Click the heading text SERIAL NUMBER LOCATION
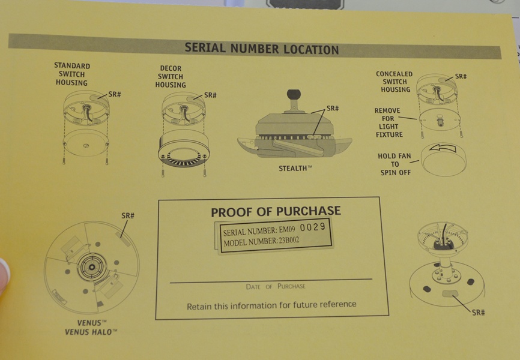point(262,49)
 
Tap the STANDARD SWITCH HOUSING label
point(72,74)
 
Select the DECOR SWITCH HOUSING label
point(171,77)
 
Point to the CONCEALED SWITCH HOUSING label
point(395,82)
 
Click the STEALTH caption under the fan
point(295,169)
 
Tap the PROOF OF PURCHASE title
point(276,211)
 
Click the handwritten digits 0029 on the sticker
point(312,227)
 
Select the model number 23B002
point(289,240)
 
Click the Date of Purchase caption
point(276,286)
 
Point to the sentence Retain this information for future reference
point(271,305)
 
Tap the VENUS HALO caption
point(91,332)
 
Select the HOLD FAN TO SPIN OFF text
point(395,164)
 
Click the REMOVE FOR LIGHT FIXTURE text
point(388,122)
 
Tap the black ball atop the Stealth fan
point(294,95)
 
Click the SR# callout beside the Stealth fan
point(333,109)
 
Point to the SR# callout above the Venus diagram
point(128,216)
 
